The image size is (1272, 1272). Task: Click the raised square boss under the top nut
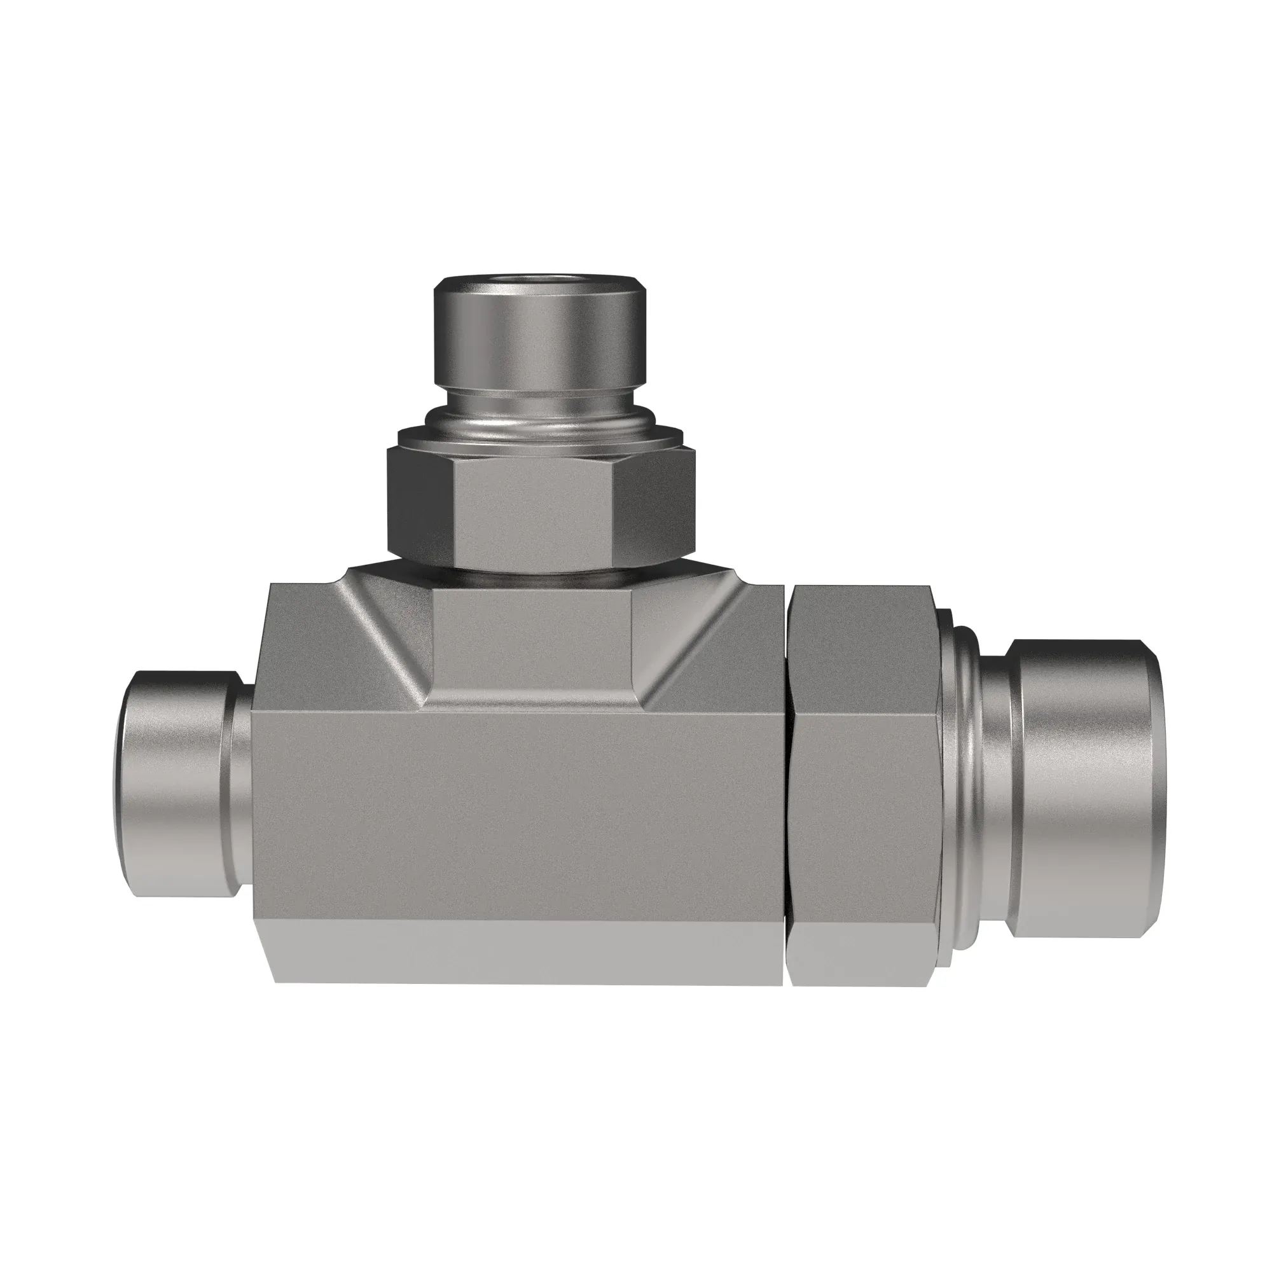point(534,639)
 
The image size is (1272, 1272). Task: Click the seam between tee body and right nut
point(787,790)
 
